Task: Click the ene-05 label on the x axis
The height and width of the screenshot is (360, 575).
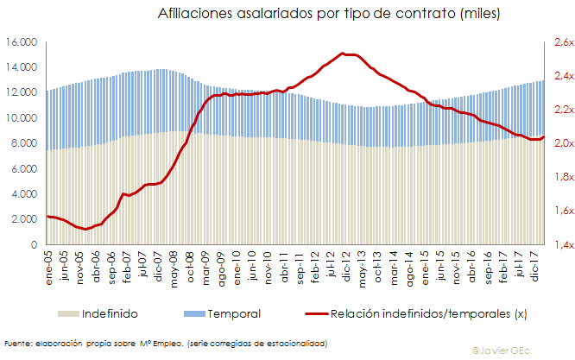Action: [x=50, y=264]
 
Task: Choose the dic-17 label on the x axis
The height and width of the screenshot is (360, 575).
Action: [x=535, y=264]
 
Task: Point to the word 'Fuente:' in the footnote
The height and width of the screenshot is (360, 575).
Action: [x=19, y=344]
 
